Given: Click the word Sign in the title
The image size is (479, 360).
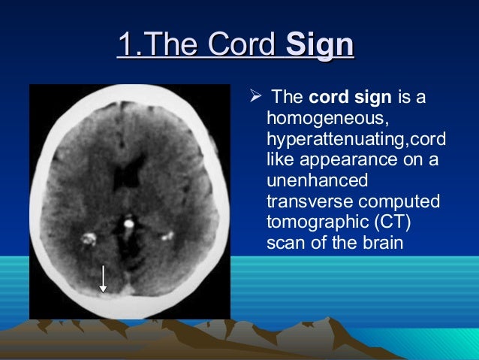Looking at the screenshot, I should pyautogui.click(x=321, y=46).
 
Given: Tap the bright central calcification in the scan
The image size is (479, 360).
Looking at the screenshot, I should pyautogui.click(x=129, y=224).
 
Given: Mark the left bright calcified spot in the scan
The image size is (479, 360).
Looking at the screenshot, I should pyautogui.click(x=89, y=240).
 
